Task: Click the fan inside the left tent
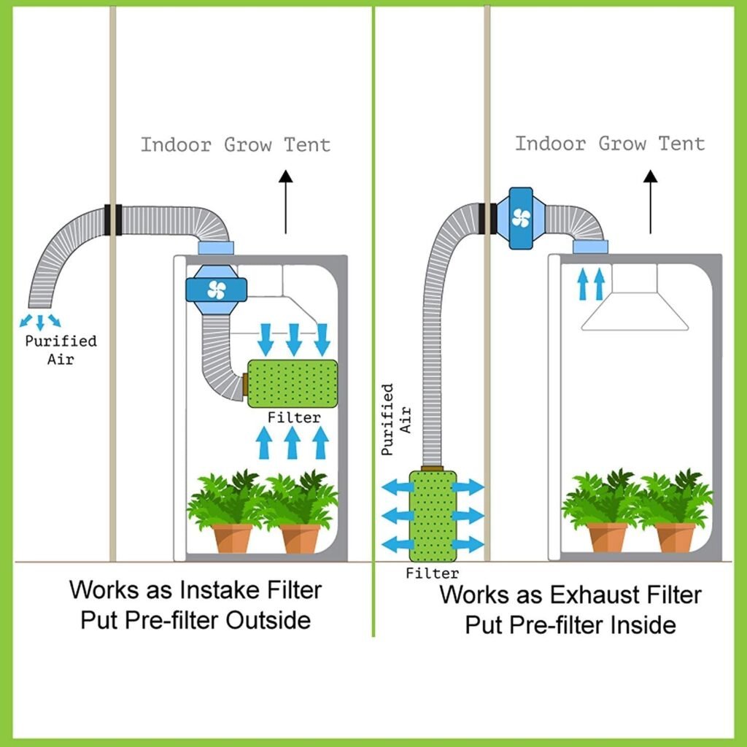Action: point(216,290)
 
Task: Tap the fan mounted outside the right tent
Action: point(521,217)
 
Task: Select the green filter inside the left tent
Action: point(293,384)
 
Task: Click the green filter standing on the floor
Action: point(433,516)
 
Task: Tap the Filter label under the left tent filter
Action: point(294,418)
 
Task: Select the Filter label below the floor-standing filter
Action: point(433,573)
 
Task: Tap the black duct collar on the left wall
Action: point(112,220)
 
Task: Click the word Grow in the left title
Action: point(248,144)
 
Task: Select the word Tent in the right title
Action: point(682,143)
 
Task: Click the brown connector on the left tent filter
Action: point(244,384)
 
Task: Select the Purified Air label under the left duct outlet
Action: point(61,349)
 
